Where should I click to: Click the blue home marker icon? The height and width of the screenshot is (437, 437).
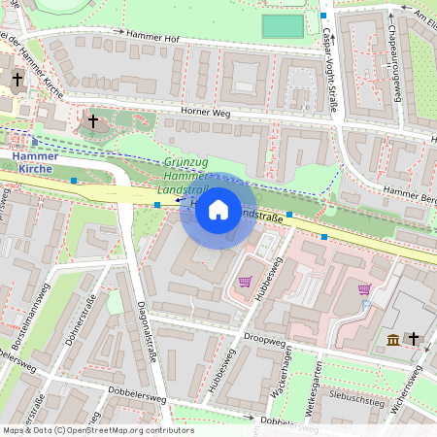(x=218, y=210)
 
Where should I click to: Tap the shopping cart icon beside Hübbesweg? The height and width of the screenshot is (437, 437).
(x=245, y=282)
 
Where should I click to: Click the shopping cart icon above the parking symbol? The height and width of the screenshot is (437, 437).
(x=364, y=288)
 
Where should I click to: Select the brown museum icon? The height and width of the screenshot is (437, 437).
(x=392, y=338)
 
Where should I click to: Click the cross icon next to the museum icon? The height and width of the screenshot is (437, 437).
(x=413, y=338)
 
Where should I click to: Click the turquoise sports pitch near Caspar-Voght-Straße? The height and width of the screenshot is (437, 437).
(x=282, y=26)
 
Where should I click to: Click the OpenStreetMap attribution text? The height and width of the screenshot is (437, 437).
(x=97, y=429)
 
